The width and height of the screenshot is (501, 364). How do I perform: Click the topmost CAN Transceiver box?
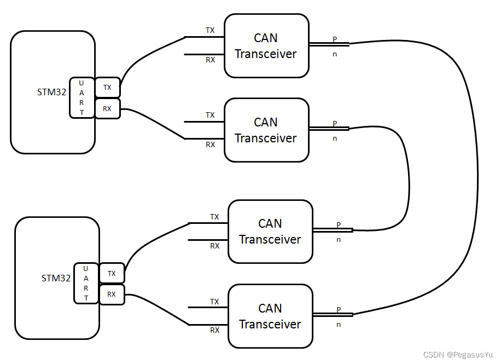pyautogui.click(x=266, y=46)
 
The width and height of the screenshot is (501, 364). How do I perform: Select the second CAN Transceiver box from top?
pyautogui.click(x=266, y=130)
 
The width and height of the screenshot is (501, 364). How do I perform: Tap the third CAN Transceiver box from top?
pyautogui.click(x=270, y=232)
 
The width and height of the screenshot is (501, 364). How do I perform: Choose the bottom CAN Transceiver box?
pyautogui.click(x=270, y=316)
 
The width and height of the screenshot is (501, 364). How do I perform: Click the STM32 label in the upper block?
pyautogui.click(x=51, y=92)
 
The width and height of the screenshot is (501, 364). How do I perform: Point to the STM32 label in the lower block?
pyautogui.click(x=56, y=278)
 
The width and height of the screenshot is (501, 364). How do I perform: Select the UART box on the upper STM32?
pyautogui.click(x=81, y=97)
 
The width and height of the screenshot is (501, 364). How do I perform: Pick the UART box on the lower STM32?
pyautogui.click(x=86, y=284)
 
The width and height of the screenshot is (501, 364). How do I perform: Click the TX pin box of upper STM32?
pyautogui.click(x=107, y=87)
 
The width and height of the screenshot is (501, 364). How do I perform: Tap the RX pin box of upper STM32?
pyautogui.click(x=107, y=109)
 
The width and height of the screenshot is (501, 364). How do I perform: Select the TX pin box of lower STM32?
pyautogui.click(x=112, y=273)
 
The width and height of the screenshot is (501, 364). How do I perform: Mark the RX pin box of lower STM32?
pyautogui.click(x=112, y=294)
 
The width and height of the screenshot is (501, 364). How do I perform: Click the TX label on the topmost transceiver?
pyautogui.click(x=210, y=30)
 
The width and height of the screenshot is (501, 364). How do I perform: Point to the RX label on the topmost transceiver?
pyautogui.click(x=210, y=60)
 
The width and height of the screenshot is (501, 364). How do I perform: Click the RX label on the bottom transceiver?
pyautogui.click(x=214, y=331)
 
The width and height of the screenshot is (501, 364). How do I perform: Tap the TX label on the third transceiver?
pyautogui.click(x=214, y=217)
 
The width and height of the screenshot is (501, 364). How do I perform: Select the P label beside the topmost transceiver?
pyautogui.click(x=335, y=40)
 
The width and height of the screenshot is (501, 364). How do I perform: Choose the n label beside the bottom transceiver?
pyautogui.click(x=339, y=325)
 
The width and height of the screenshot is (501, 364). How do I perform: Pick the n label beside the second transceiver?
pyautogui.click(x=335, y=138)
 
